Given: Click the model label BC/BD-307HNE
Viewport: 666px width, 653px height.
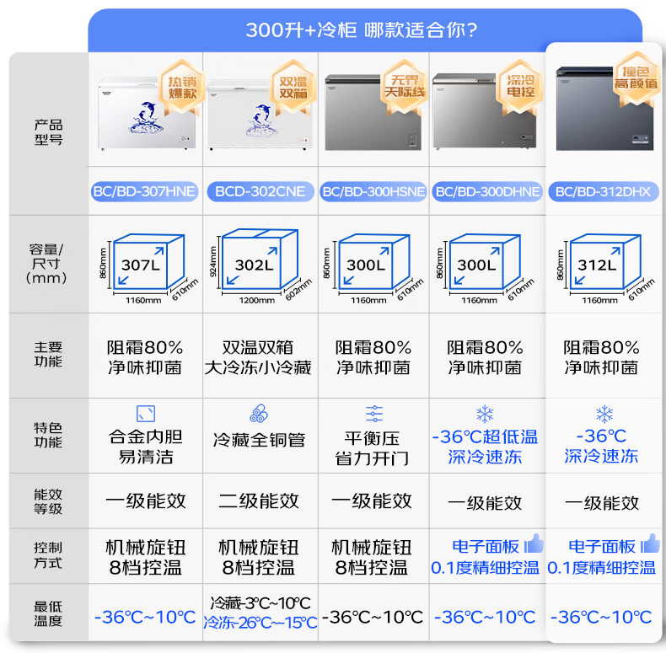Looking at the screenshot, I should [144, 192].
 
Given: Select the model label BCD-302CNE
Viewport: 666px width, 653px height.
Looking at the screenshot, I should [259, 192].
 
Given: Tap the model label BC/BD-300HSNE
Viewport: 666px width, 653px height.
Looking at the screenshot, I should [373, 192].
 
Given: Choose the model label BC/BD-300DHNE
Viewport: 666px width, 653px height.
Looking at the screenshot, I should [487, 192].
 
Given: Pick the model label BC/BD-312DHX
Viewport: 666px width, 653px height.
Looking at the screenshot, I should [603, 192].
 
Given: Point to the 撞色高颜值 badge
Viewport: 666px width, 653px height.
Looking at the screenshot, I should [636, 77].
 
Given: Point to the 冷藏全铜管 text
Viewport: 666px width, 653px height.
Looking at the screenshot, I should [259, 440].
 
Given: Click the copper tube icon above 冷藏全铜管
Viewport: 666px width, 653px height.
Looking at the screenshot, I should [259, 414].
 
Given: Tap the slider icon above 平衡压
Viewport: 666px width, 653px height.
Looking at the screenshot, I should [374, 414].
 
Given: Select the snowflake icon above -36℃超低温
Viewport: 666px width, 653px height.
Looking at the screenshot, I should [485, 414].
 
